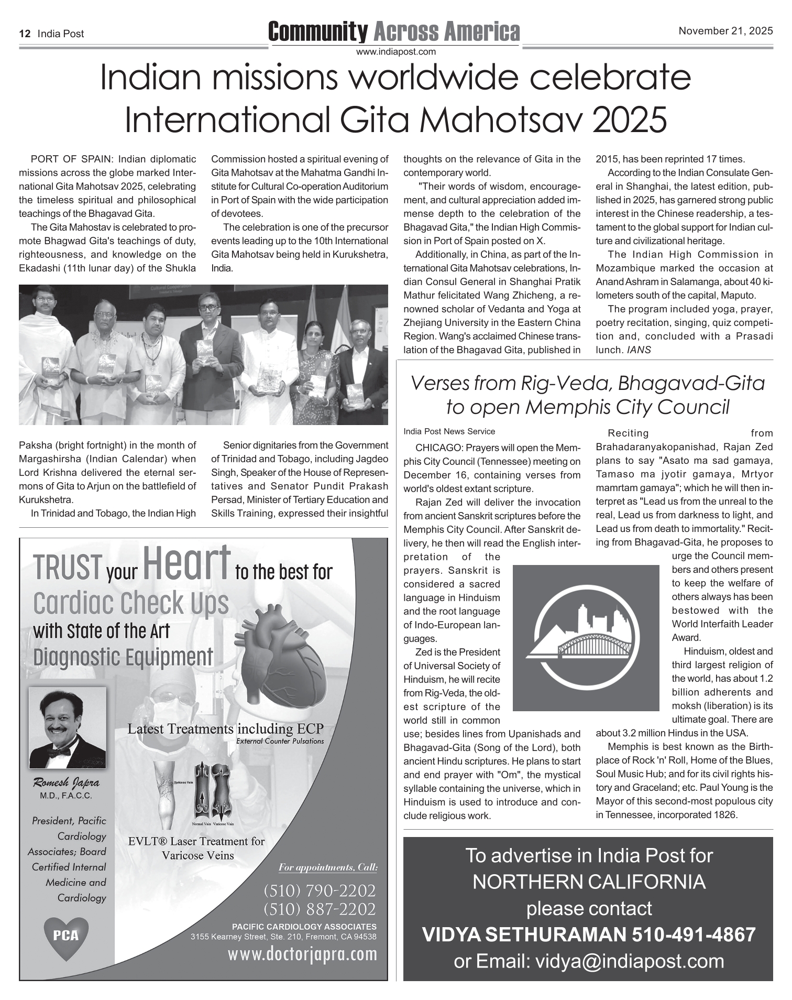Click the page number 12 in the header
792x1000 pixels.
pyautogui.click(x=24, y=34)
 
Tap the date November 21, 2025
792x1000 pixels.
pyautogui.click(x=725, y=31)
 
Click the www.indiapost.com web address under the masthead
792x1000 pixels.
pyautogui.click(x=395, y=51)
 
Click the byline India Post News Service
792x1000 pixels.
pyautogui.click(x=449, y=431)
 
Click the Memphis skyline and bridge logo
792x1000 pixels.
pyautogui.click(x=586, y=638)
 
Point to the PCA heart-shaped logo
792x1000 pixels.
pyautogui.click(x=66, y=935)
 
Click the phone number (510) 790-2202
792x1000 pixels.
pyautogui.click(x=320, y=890)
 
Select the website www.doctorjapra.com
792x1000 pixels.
pyautogui.click(x=302, y=954)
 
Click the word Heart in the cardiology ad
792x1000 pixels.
pyautogui.click(x=186, y=562)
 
